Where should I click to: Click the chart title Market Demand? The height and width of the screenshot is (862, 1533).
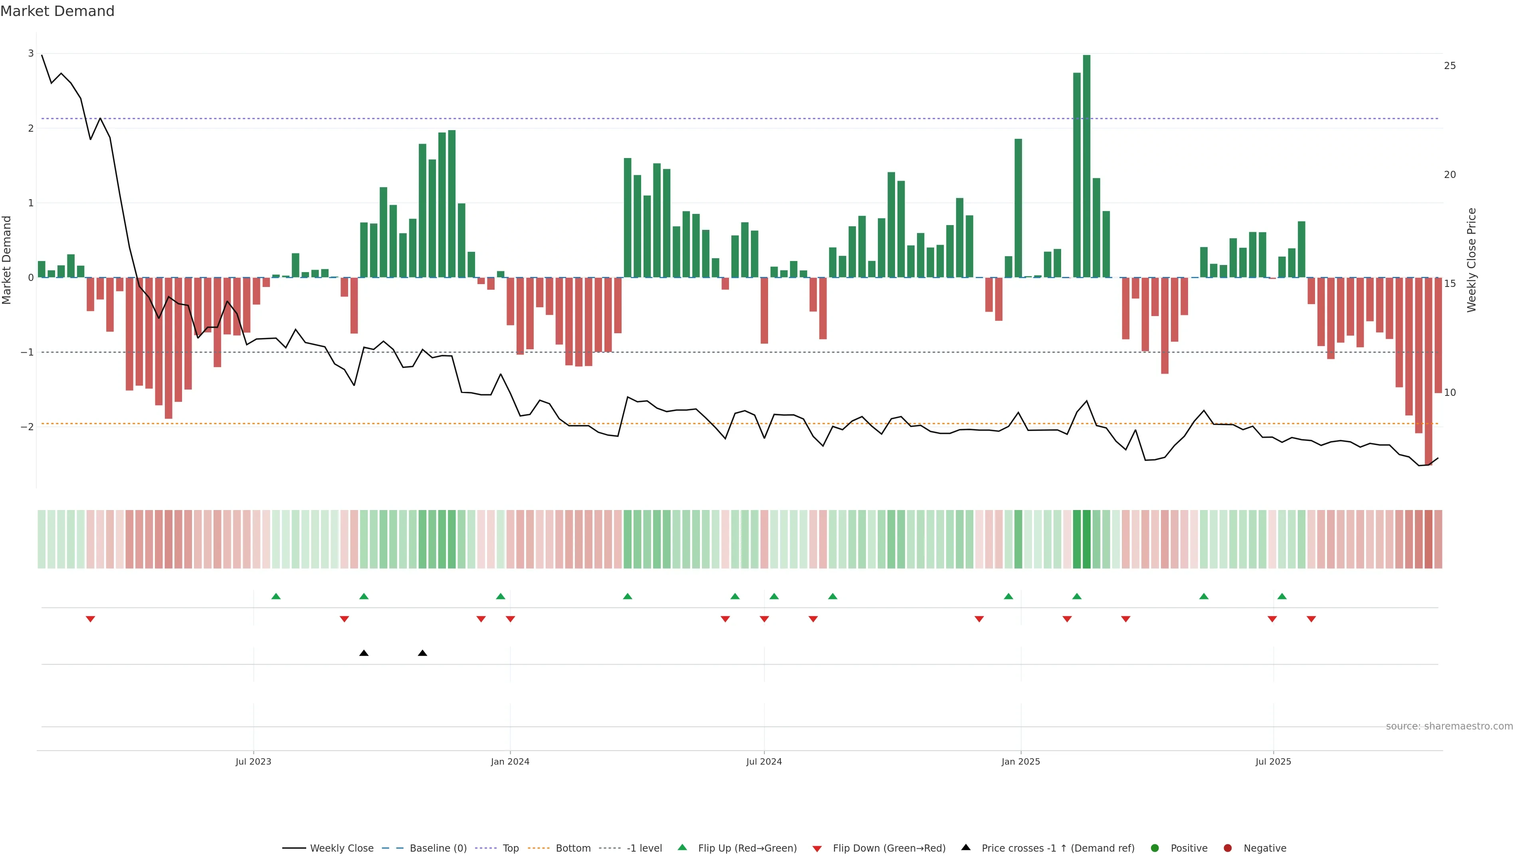click(x=57, y=11)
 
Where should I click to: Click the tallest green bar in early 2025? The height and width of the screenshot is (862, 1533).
click(x=1087, y=166)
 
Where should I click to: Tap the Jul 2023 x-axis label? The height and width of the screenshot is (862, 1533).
click(x=253, y=761)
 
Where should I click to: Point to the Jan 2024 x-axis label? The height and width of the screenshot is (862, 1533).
click(x=510, y=761)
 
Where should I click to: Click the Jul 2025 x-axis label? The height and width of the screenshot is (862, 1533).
click(x=1273, y=761)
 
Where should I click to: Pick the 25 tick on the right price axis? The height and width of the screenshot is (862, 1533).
click(x=1450, y=66)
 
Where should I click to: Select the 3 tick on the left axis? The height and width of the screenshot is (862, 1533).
click(x=31, y=53)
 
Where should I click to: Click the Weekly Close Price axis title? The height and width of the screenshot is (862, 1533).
click(x=1472, y=260)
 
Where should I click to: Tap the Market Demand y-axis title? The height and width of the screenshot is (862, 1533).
click(x=7, y=260)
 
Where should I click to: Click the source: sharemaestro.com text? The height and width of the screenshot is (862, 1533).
click(x=1449, y=726)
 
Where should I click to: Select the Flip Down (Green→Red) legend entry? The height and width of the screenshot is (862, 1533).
click(x=889, y=848)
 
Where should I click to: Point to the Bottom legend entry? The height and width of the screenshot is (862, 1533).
click(x=572, y=848)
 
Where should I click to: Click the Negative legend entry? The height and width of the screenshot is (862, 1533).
click(x=1265, y=848)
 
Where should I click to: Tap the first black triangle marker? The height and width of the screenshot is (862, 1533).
click(x=364, y=653)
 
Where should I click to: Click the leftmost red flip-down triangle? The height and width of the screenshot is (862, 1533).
click(x=91, y=619)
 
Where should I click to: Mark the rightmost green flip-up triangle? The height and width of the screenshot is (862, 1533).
click(x=1282, y=597)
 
